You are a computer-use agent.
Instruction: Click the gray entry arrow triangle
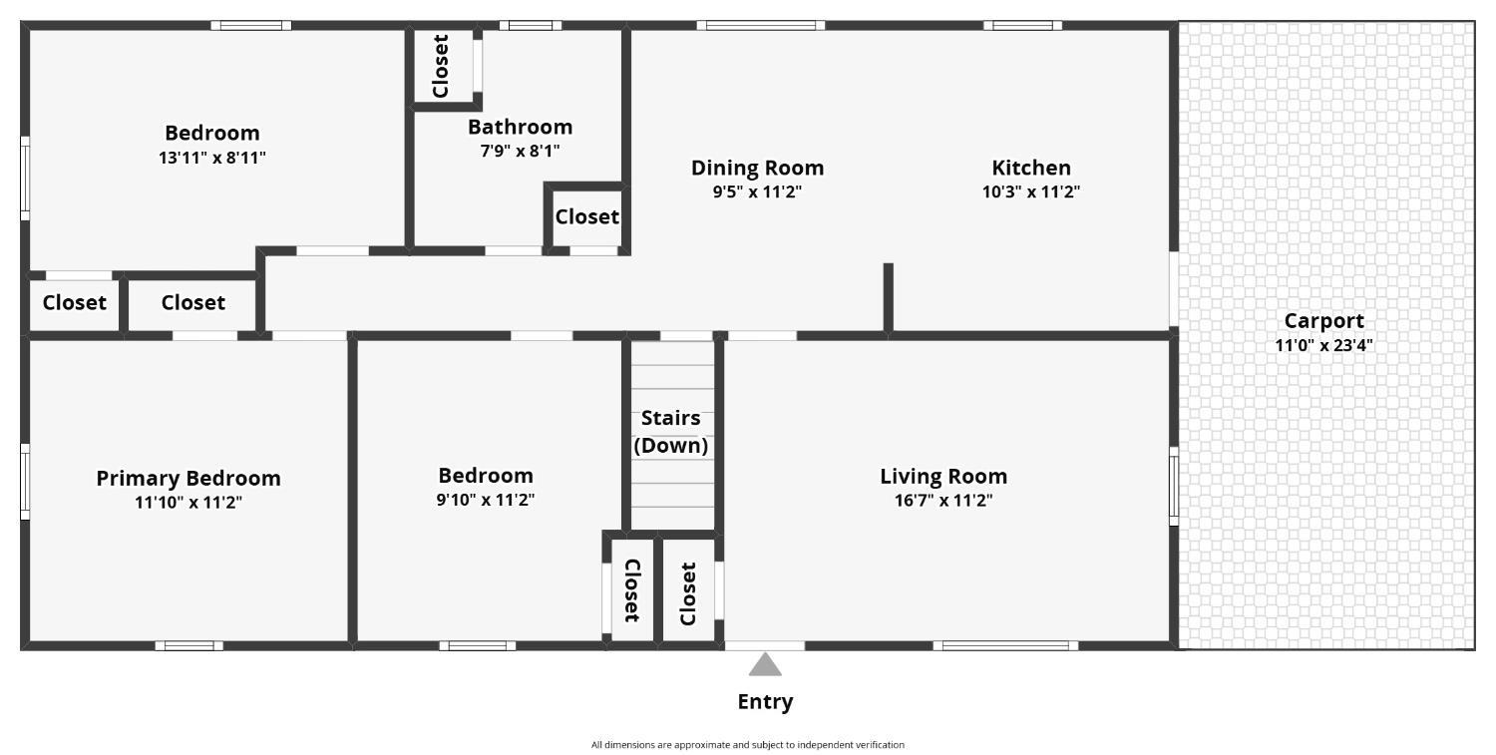765,664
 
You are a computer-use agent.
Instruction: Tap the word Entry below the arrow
765,702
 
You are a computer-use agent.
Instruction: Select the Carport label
1323,321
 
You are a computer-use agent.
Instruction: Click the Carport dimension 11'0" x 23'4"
1323,346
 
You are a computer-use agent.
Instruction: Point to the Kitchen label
1030,168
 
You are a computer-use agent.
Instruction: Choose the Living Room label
942,476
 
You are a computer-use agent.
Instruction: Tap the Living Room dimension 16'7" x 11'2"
942,501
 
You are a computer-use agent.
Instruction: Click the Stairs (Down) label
670,432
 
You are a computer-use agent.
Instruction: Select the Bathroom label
520,127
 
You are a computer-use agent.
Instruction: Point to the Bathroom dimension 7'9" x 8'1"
520,152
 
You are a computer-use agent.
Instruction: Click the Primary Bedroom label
187,478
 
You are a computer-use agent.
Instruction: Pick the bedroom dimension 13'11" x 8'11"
211,158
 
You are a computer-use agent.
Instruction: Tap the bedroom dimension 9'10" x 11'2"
485,501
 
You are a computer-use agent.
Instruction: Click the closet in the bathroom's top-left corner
442,66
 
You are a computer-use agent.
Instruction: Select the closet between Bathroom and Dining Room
586,216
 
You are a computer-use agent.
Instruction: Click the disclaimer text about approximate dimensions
747,745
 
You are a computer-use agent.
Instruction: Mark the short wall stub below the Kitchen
888,296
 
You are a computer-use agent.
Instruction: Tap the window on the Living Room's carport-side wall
1174,487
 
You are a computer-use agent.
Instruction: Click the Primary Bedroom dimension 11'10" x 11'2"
187,503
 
